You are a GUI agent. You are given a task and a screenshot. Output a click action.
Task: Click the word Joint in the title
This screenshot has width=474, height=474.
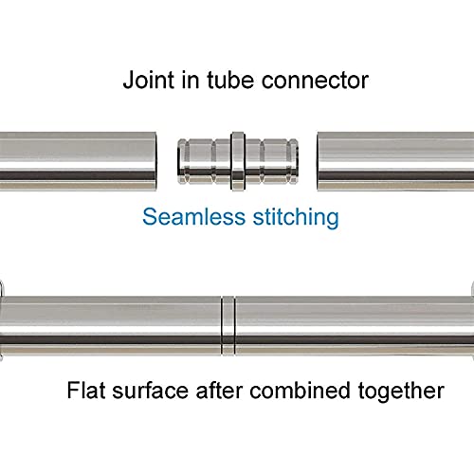pos(149,80)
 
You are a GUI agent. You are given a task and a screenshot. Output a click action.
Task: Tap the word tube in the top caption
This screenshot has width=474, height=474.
pos(230,80)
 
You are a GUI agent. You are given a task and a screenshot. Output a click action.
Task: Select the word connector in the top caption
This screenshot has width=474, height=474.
pos(315,81)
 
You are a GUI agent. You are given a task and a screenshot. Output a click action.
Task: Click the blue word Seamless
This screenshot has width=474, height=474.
pos(193,217)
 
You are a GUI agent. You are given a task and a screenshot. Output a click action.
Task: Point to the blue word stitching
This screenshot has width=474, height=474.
pos(296,218)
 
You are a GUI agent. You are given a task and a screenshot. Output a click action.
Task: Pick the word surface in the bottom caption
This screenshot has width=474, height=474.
pos(151,391)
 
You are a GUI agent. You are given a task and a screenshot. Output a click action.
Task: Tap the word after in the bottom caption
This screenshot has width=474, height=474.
pos(219,391)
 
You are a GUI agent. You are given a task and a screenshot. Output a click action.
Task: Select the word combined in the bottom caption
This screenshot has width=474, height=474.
pos(300,391)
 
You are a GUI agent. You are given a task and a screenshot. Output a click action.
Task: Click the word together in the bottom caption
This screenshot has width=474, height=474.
pos(401,392)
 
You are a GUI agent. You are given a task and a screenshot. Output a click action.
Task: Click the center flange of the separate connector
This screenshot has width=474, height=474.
pos(238,161)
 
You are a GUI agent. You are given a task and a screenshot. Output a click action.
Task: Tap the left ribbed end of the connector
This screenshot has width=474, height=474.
pos(204,161)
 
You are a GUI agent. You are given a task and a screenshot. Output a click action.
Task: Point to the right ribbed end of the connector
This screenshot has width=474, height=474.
pos(272,161)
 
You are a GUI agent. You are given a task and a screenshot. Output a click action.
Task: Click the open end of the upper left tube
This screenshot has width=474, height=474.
pos(155,161)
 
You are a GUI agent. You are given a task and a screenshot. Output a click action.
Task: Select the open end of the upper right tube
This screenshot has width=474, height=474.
pos(319,161)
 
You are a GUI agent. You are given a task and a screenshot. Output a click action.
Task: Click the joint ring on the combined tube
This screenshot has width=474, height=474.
pos(228,326)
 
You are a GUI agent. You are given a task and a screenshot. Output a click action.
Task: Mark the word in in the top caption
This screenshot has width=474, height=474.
pos(191,80)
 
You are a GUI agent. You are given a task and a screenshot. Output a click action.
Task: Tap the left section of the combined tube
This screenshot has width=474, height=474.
pos(110,326)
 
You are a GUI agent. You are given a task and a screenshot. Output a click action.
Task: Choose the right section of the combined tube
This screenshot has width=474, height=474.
pos(355,326)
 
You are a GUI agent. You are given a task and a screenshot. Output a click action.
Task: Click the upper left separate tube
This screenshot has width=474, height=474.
pos(78,161)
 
